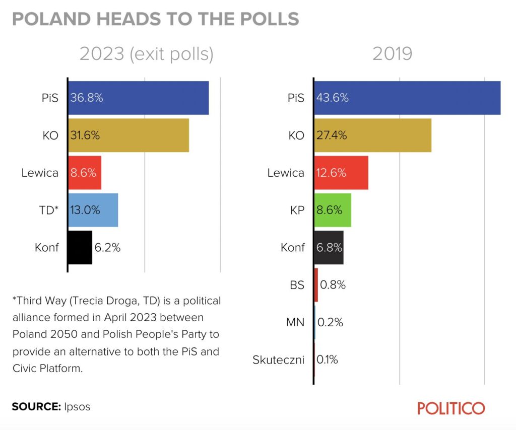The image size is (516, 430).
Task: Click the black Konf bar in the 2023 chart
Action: coord(80,247)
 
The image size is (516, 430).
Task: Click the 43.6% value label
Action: coord(333,98)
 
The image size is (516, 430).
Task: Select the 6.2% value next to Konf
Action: coord(107,248)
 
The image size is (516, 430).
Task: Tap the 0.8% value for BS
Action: coord(333,284)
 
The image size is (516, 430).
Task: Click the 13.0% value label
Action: coord(85,210)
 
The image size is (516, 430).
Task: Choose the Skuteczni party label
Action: coord(278,360)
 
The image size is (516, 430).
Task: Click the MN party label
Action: coord(295,322)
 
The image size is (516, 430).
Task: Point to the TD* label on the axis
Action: coord(49,210)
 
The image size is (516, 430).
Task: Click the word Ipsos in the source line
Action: coord(77,406)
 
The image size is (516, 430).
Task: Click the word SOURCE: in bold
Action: coord(36,406)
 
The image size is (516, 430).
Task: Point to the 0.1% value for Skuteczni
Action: coord(327,360)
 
